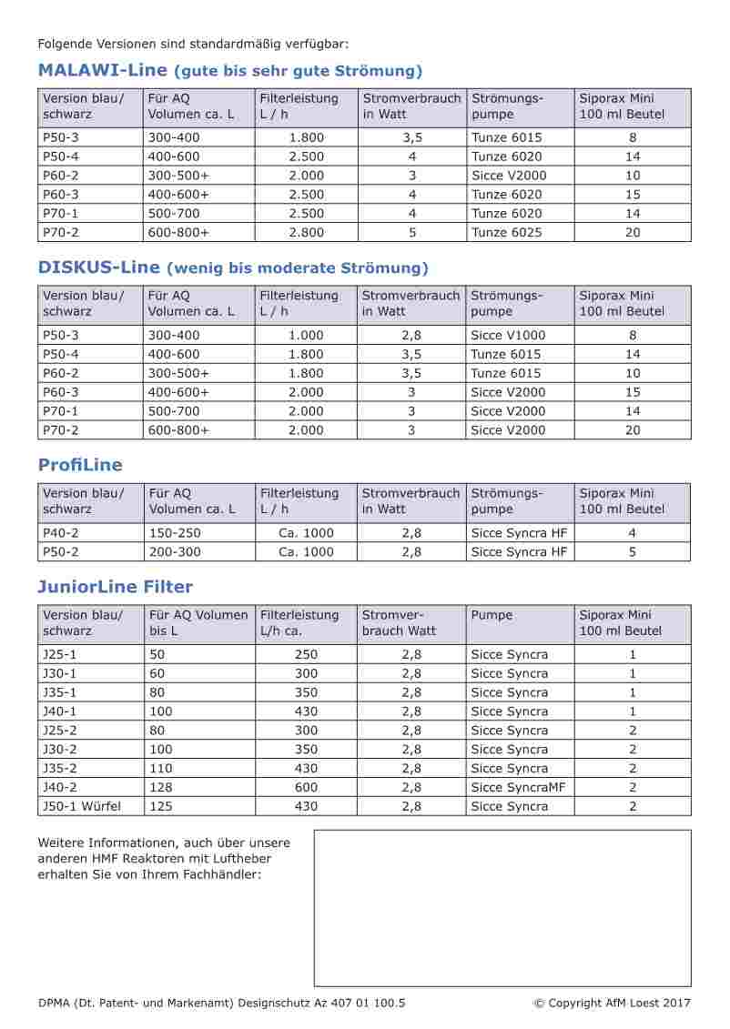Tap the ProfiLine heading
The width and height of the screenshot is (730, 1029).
click(80, 465)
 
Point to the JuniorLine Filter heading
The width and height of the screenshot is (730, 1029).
click(115, 587)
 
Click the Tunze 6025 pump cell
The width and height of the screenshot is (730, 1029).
click(506, 233)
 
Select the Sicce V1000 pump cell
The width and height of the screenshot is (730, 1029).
click(508, 335)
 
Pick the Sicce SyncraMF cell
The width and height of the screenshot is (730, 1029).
click(518, 788)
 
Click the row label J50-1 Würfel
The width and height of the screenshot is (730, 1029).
click(81, 807)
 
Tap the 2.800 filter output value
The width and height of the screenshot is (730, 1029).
click(306, 233)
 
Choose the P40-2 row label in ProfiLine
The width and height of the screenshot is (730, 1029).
click(61, 533)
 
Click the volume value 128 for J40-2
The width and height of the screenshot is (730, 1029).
click(160, 788)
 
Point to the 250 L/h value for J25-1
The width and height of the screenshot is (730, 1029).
click(306, 654)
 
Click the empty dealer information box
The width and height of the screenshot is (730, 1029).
click(502, 908)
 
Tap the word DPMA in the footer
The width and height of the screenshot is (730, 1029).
click(56, 1004)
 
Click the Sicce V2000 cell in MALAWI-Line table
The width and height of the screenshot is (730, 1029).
click(509, 176)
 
